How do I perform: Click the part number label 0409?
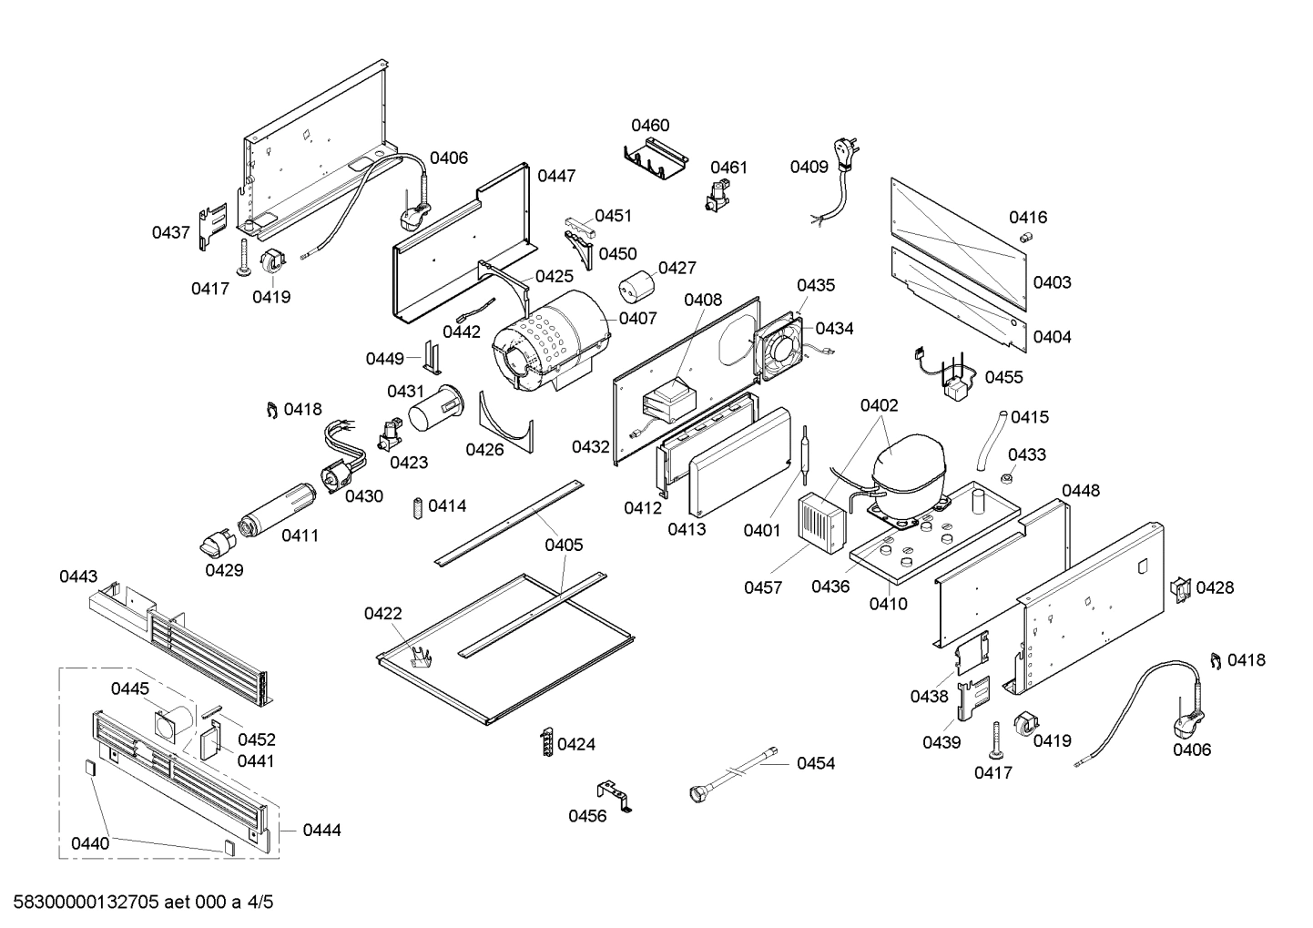tap(809, 167)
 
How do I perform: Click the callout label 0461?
tap(728, 167)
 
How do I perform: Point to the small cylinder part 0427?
tap(636, 287)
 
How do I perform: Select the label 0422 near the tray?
tap(382, 614)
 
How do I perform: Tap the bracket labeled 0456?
tap(616, 794)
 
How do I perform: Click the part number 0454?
tap(815, 763)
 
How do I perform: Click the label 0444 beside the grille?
tap(321, 830)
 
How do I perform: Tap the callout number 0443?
tap(78, 576)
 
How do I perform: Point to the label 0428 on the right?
tap(1215, 587)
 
